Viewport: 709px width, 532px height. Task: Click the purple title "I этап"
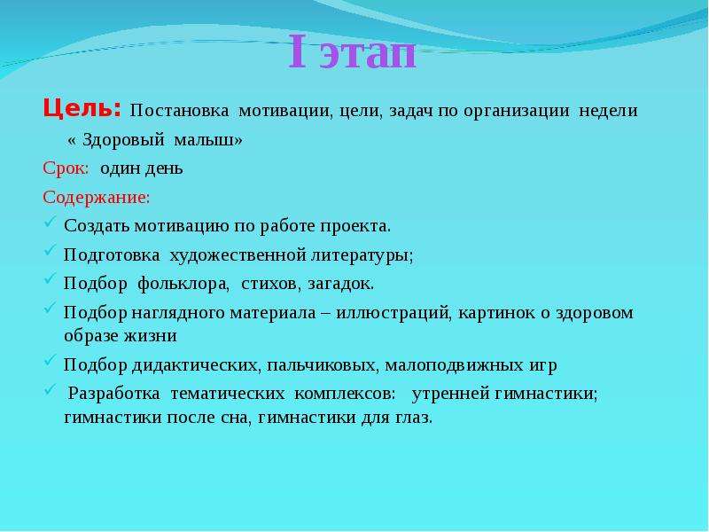(x=352, y=52)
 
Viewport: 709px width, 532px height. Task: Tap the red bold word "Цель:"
(x=82, y=109)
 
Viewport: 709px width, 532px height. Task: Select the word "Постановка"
(x=179, y=111)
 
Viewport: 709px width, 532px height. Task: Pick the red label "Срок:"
(x=66, y=168)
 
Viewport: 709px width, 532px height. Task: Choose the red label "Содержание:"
(x=97, y=197)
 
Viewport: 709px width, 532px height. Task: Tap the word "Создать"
(x=97, y=226)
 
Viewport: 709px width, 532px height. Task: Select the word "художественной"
(x=238, y=255)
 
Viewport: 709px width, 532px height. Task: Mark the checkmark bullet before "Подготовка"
(x=51, y=251)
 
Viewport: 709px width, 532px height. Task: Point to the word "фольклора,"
(x=183, y=284)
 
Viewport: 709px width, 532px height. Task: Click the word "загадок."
(x=341, y=284)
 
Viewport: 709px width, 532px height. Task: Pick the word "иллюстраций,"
(x=393, y=313)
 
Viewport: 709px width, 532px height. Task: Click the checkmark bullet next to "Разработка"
(x=51, y=390)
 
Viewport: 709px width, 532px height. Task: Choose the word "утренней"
(x=451, y=394)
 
